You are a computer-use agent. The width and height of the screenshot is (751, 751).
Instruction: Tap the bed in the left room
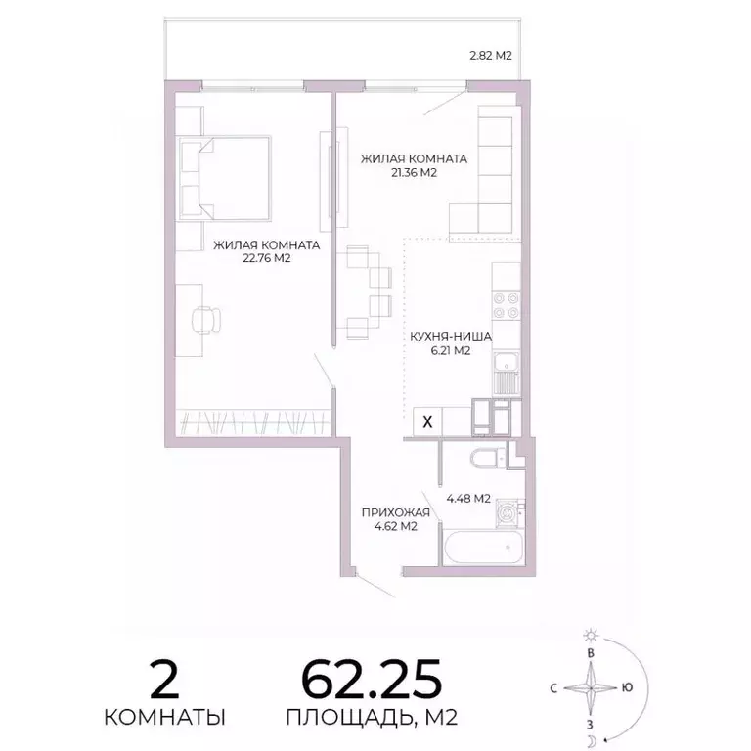[x=225, y=177]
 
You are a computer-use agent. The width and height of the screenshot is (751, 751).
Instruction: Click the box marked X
[x=428, y=421]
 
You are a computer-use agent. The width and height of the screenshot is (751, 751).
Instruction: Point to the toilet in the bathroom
[x=485, y=459]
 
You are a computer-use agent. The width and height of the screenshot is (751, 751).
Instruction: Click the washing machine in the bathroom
[x=508, y=512]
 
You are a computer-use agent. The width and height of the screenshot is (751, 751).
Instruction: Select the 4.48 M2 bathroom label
[x=467, y=499]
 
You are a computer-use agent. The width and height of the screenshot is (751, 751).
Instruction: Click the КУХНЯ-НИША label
[x=450, y=336]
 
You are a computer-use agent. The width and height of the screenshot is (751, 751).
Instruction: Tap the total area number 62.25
[x=372, y=676]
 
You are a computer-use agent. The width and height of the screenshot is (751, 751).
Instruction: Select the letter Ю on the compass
[x=627, y=687]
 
